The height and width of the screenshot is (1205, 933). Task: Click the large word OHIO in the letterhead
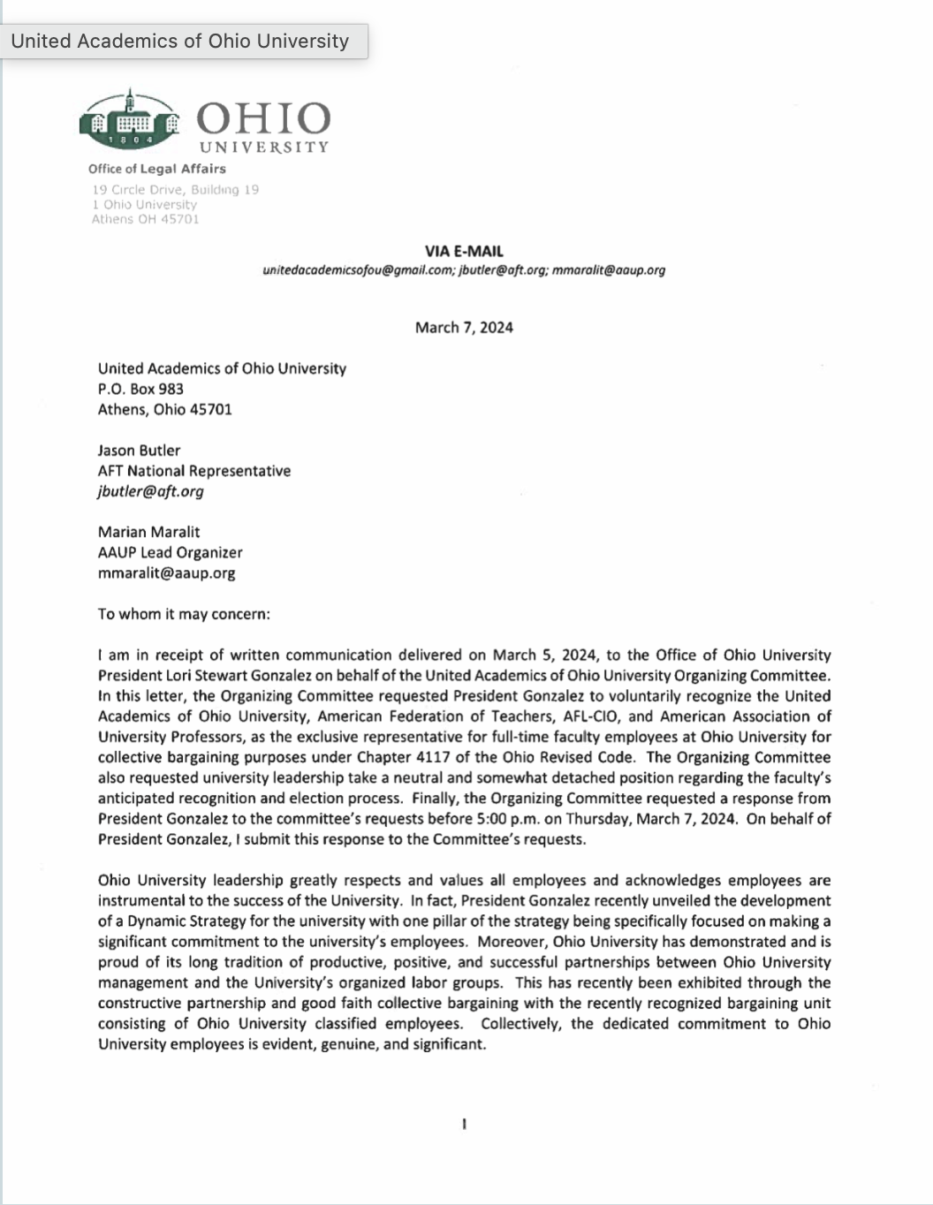[x=262, y=118]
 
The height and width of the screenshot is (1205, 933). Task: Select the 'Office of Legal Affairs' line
[x=156, y=169]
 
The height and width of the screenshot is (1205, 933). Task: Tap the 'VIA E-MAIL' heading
[x=464, y=251]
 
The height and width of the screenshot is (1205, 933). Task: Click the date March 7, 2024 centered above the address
[x=464, y=328]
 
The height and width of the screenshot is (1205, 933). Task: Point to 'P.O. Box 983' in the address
[x=140, y=389]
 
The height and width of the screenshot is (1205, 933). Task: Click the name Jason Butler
[x=139, y=451]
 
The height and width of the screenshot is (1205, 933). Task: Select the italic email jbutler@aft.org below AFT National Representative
[x=150, y=491]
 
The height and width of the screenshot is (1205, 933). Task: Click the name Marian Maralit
[x=148, y=532]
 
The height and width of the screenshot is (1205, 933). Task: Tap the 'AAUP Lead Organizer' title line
[x=170, y=552]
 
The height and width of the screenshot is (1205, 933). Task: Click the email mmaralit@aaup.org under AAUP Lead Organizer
[x=166, y=572]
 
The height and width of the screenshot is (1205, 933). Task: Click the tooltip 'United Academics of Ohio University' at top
[x=180, y=41]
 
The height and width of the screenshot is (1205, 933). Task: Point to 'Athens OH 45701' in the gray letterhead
[x=145, y=219]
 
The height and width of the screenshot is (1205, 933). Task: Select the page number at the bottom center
[x=464, y=1125]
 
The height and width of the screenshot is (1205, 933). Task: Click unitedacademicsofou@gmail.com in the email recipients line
[x=358, y=270]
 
